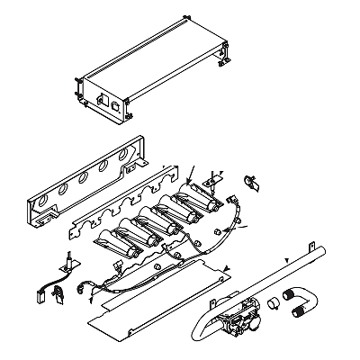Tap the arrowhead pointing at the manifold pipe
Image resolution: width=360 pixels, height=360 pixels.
[286, 259]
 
